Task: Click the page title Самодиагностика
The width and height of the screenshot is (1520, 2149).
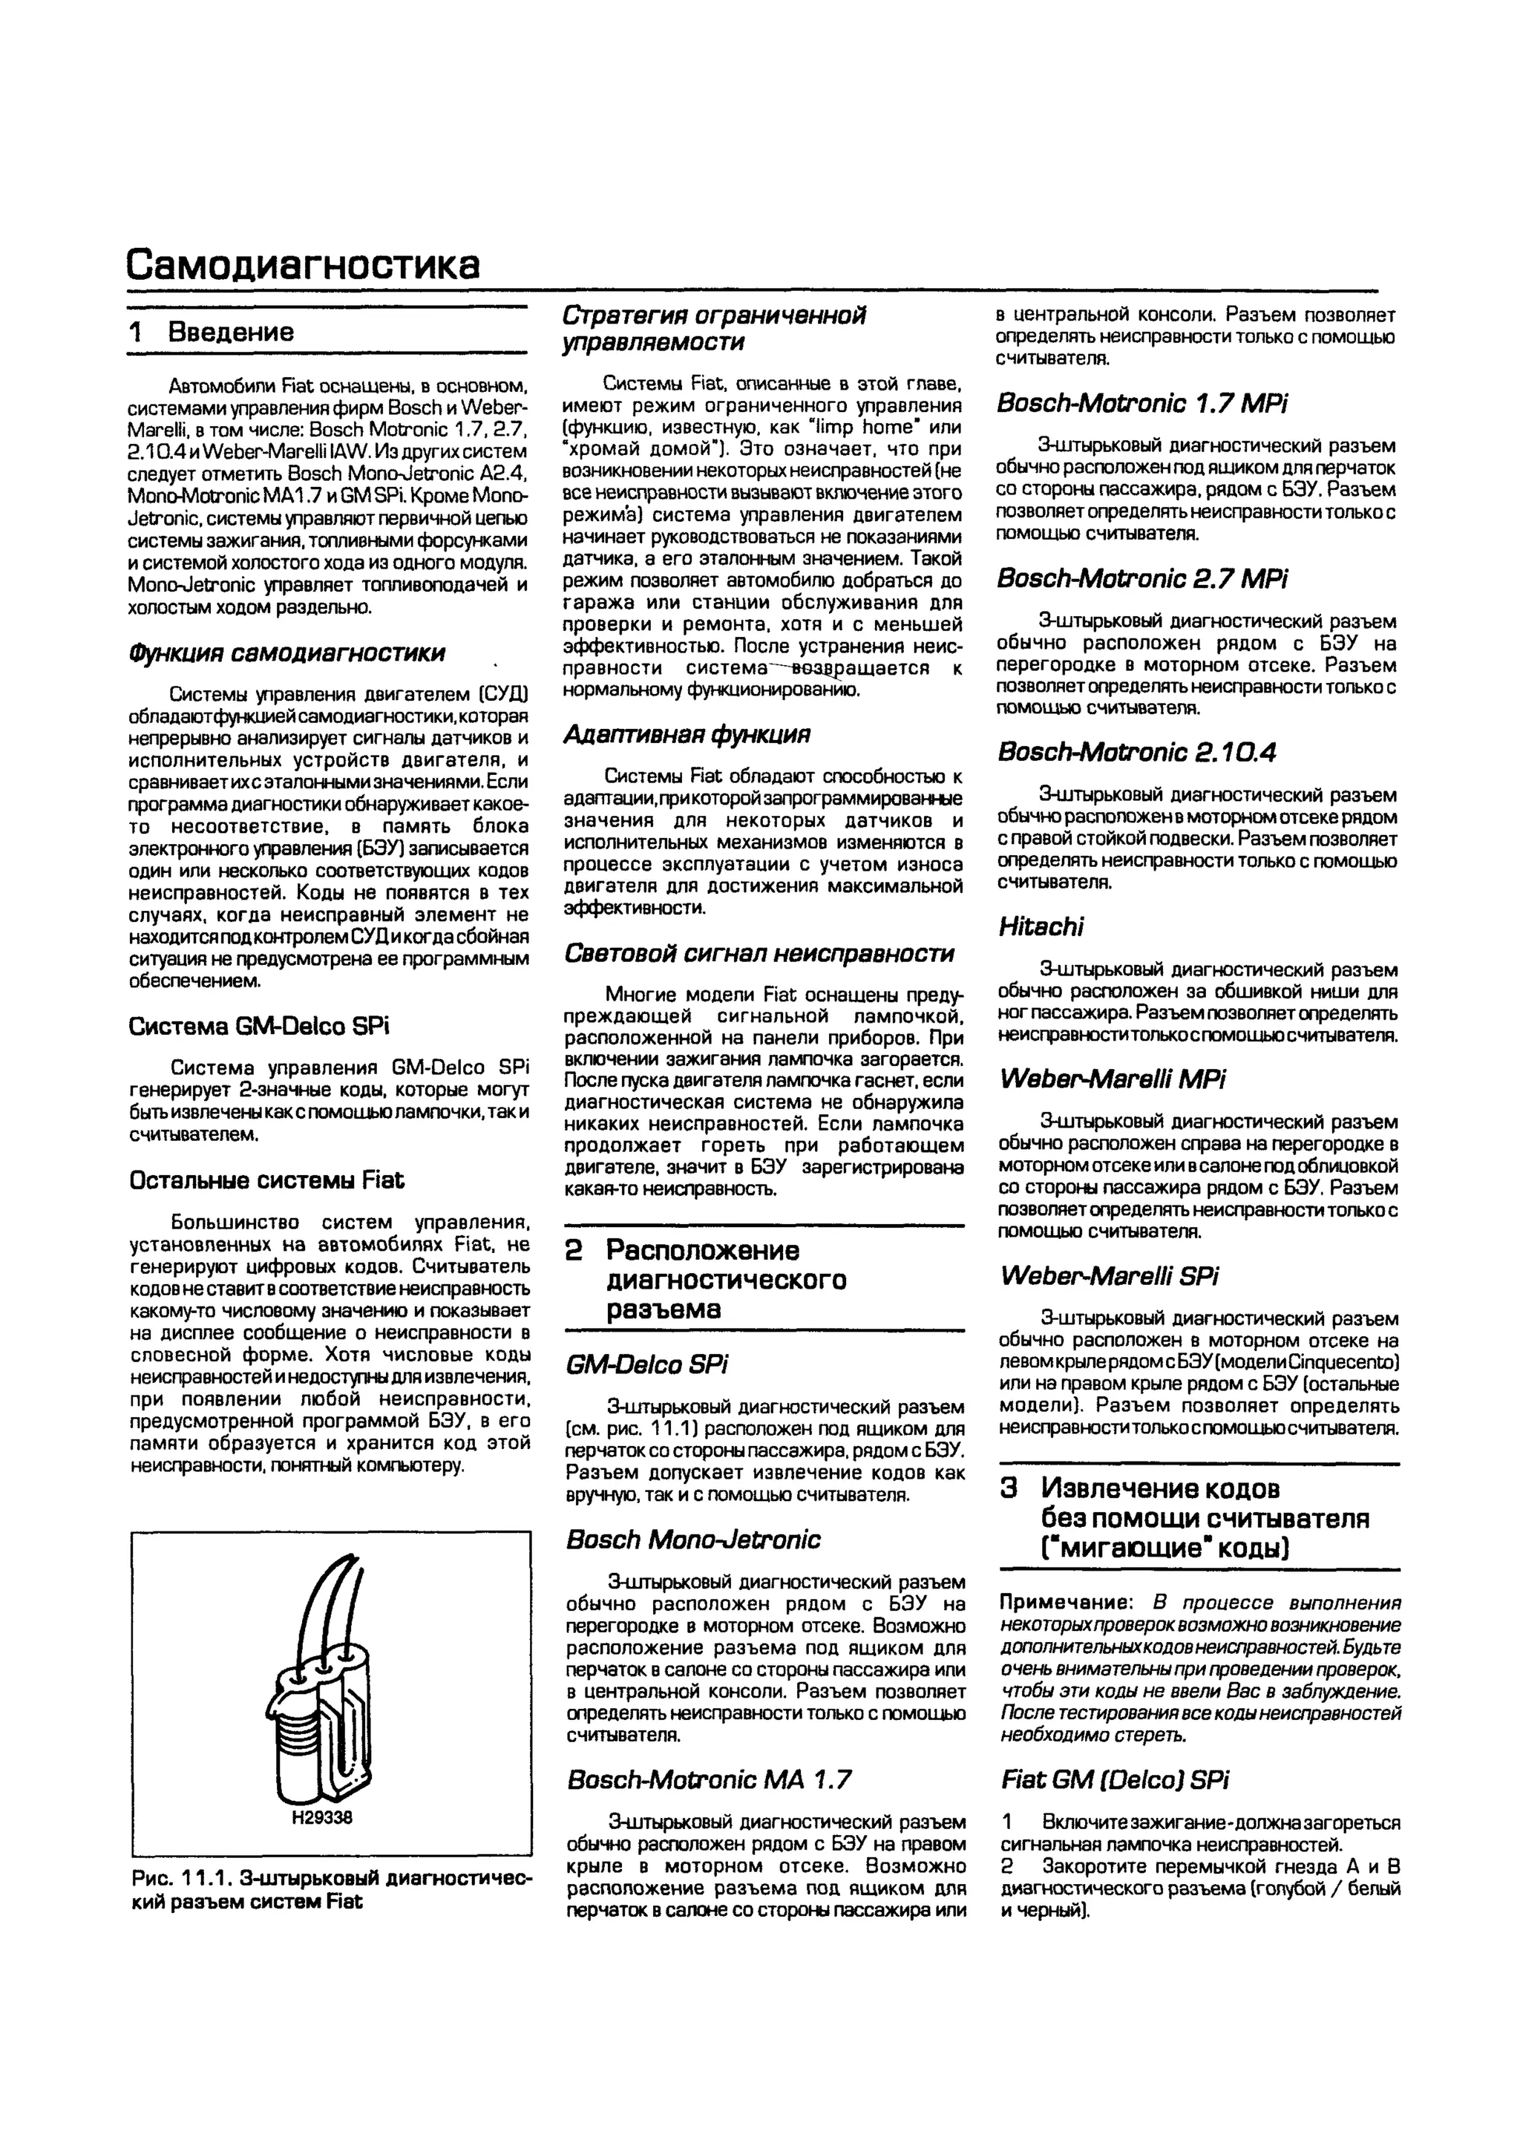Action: (304, 265)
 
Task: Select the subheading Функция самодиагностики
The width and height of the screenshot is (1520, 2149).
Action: (286, 652)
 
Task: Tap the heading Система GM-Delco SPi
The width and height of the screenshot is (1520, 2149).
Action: (258, 1026)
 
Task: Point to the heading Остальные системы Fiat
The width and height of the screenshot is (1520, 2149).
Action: (266, 1180)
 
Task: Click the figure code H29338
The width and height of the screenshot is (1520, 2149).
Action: (322, 1818)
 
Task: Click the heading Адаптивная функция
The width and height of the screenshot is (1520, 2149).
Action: (687, 735)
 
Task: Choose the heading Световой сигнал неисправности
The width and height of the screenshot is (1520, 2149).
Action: (759, 953)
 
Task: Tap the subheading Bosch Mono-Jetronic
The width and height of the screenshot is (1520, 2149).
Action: (692, 1540)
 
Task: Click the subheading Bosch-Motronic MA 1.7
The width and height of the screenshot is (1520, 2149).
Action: (709, 1779)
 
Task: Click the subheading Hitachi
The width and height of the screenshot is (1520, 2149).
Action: (1041, 926)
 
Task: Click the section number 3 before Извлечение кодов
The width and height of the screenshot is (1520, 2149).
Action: (1009, 1488)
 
